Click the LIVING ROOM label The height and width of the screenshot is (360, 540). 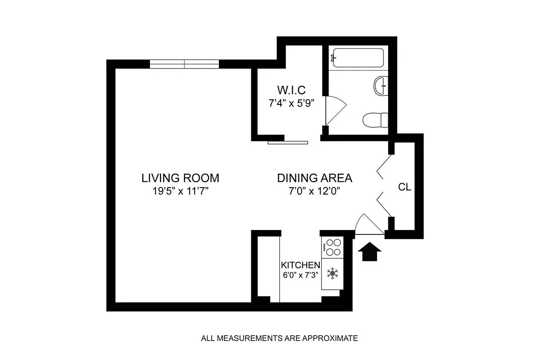point(180,177)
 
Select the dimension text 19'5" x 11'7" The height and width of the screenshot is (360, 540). point(180,191)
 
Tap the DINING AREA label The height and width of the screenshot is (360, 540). point(314,177)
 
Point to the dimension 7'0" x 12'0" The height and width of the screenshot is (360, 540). point(314,191)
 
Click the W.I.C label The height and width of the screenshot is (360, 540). point(288,89)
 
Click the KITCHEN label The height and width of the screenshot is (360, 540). point(300,264)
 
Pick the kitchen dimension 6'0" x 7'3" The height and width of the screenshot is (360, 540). point(300,274)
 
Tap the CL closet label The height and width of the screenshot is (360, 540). point(404,187)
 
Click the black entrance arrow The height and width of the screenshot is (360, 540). point(369,252)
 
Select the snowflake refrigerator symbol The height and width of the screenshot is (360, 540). point(332,273)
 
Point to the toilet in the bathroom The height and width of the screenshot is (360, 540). point(376,120)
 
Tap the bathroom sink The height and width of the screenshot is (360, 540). point(381,85)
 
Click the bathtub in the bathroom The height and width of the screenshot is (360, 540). point(357,58)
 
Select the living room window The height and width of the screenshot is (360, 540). point(184,64)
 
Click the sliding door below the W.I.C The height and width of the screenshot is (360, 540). point(288,143)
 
